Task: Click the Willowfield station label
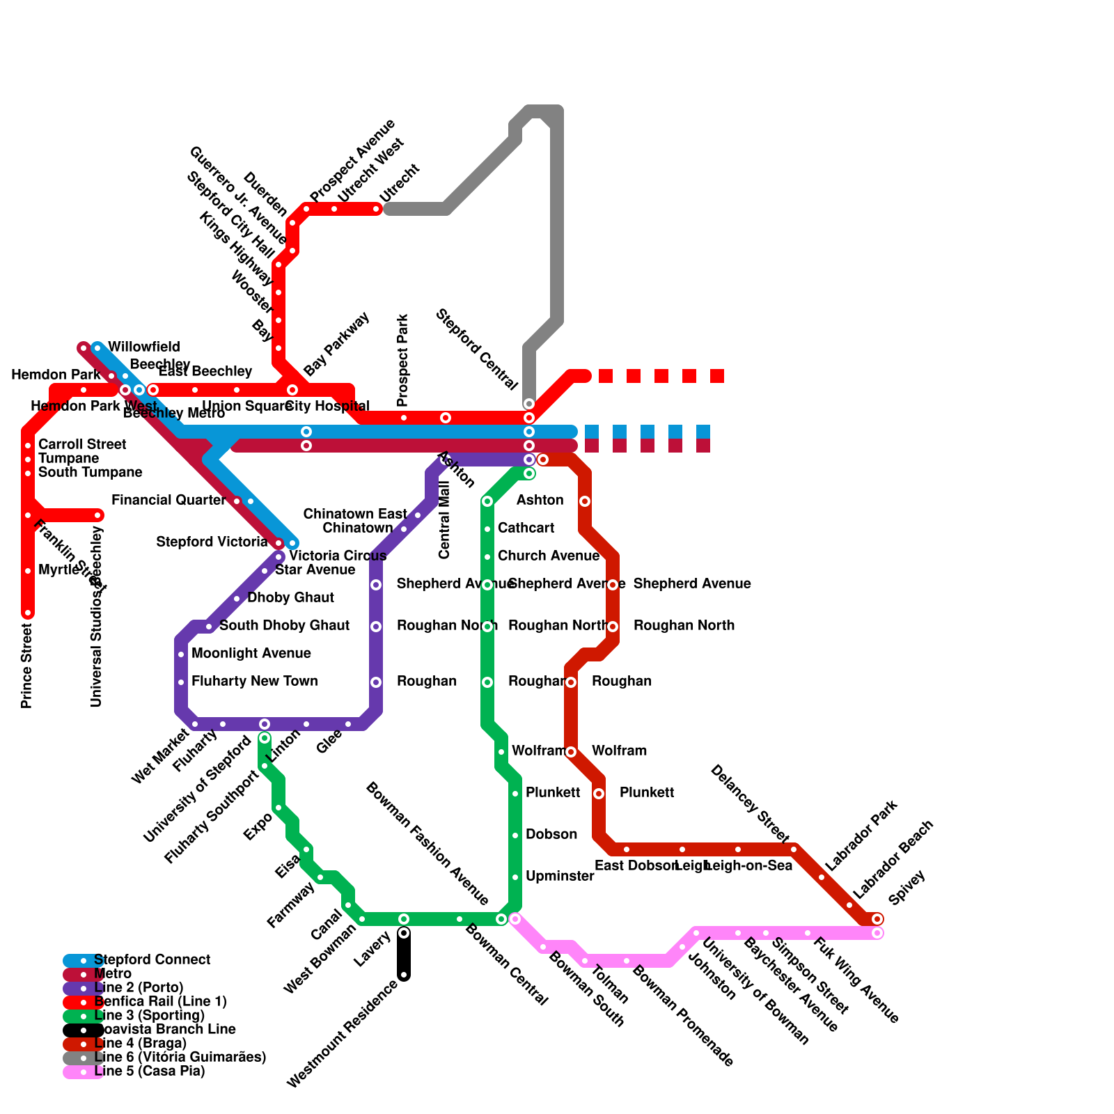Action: (x=143, y=347)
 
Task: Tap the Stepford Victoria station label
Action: (x=212, y=542)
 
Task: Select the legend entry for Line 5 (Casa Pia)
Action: (x=149, y=1071)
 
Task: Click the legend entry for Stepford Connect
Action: (x=152, y=959)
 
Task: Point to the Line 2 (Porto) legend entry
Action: (x=139, y=987)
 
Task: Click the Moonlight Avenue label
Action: (x=251, y=653)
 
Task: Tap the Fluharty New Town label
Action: (x=254, y=681)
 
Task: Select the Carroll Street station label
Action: (x=82, y=444)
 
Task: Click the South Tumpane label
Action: (x=90, y=472)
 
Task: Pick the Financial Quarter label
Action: (x=168, y=500)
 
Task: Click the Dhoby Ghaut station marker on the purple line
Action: (x=237, y=599)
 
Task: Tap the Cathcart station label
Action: (x=526, y=528)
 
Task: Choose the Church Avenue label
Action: (x=548, y=556)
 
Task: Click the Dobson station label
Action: (x=551, y=834)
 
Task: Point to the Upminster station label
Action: (x=560, y=876)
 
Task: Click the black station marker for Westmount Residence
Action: (x=404, y=975)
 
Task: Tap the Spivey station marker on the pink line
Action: (x=877, y=933)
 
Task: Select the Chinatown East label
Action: (x=355, y=514)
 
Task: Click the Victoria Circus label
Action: (x=337, y=556)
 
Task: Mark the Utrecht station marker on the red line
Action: (x=376, y=209)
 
